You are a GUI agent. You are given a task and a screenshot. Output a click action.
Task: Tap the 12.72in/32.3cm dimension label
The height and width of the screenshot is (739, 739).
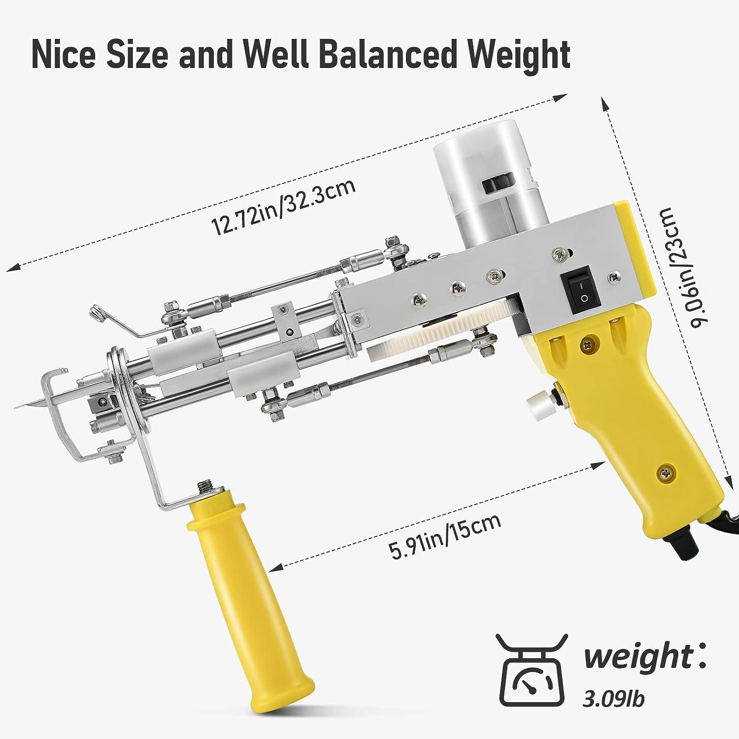(283, 207)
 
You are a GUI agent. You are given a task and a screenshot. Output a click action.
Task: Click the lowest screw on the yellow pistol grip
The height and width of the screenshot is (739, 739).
(665, 472)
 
